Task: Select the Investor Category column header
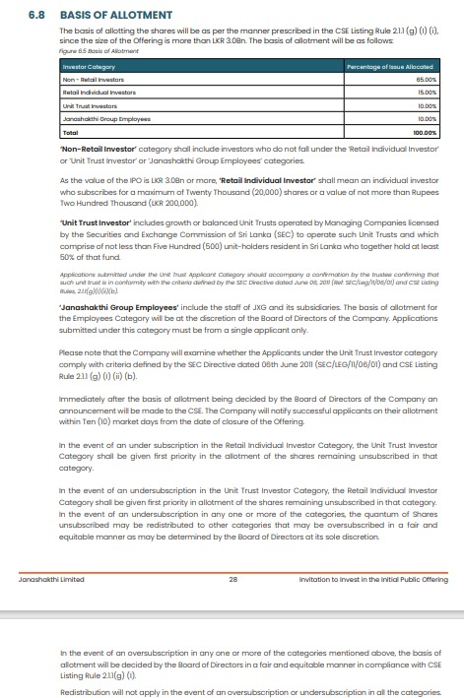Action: [89, 65]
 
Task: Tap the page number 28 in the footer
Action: [233, 581]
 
